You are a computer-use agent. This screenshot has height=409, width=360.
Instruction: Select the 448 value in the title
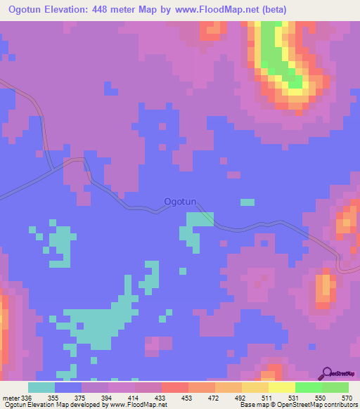(124, 10)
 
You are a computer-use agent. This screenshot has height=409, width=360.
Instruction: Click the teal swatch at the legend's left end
(41, 388)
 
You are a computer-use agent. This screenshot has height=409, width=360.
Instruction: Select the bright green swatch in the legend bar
(308, 388)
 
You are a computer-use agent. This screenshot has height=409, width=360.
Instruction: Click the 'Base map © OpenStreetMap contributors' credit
(298, 404)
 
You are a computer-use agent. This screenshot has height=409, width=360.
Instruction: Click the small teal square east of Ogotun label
(247, 202)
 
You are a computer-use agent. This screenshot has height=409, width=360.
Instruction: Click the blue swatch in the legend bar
(68, 388)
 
